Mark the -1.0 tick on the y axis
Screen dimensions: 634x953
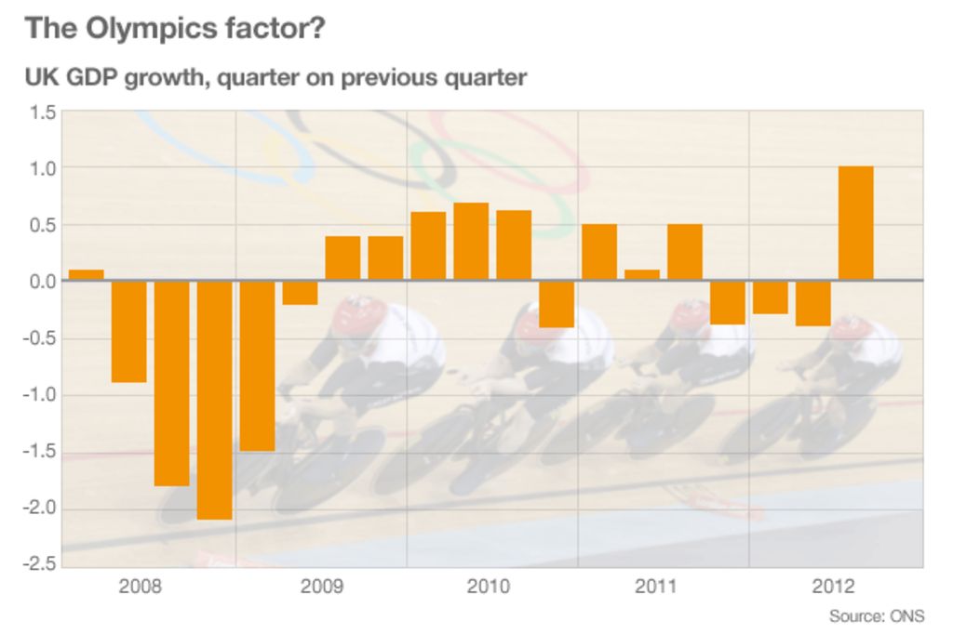pos(42,395)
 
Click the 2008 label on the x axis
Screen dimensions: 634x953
pos(140,587)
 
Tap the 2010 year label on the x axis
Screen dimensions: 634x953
pos(489,587)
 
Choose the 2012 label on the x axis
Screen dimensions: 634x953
pos(833,587)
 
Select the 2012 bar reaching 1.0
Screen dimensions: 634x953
pos(855,223)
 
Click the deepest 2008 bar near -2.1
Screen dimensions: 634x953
pos(214,400)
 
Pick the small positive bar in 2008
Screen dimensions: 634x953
pos(86,275)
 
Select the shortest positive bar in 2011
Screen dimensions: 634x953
pos(642,275)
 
